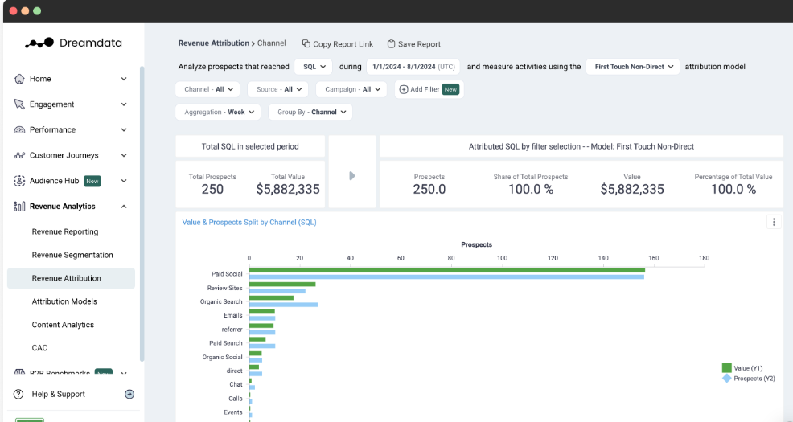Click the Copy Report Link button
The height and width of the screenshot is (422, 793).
coord(338,44)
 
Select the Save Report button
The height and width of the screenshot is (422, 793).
coord(414,44)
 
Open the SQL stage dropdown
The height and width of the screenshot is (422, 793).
coord(312,67)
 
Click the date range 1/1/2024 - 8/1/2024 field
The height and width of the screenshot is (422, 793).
coord(412,67)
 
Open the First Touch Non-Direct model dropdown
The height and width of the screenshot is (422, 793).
coord(632,67)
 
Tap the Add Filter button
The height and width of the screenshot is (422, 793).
coord(429,89)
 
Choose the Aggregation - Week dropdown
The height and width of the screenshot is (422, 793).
coord(218,112)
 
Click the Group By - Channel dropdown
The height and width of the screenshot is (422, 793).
coord(310,112)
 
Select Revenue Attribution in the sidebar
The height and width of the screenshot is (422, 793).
coord(67,278)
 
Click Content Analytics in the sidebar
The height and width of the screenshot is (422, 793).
coord(63,325)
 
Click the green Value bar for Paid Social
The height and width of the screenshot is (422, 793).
coord(446,270)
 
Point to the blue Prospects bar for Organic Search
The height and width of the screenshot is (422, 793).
coord(283,305)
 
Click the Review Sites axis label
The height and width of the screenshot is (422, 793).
coord(224,288)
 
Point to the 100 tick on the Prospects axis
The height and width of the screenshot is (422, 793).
coord(502,258)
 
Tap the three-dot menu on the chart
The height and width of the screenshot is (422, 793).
coord(774,223)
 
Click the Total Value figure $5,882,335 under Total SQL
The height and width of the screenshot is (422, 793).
coord(288,190)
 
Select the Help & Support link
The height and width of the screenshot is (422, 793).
coord(58,394)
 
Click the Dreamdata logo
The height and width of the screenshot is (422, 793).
coord(73,43)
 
